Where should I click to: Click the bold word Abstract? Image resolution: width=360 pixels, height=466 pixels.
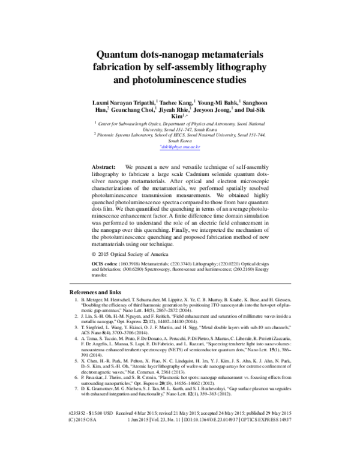click(103, 165)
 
